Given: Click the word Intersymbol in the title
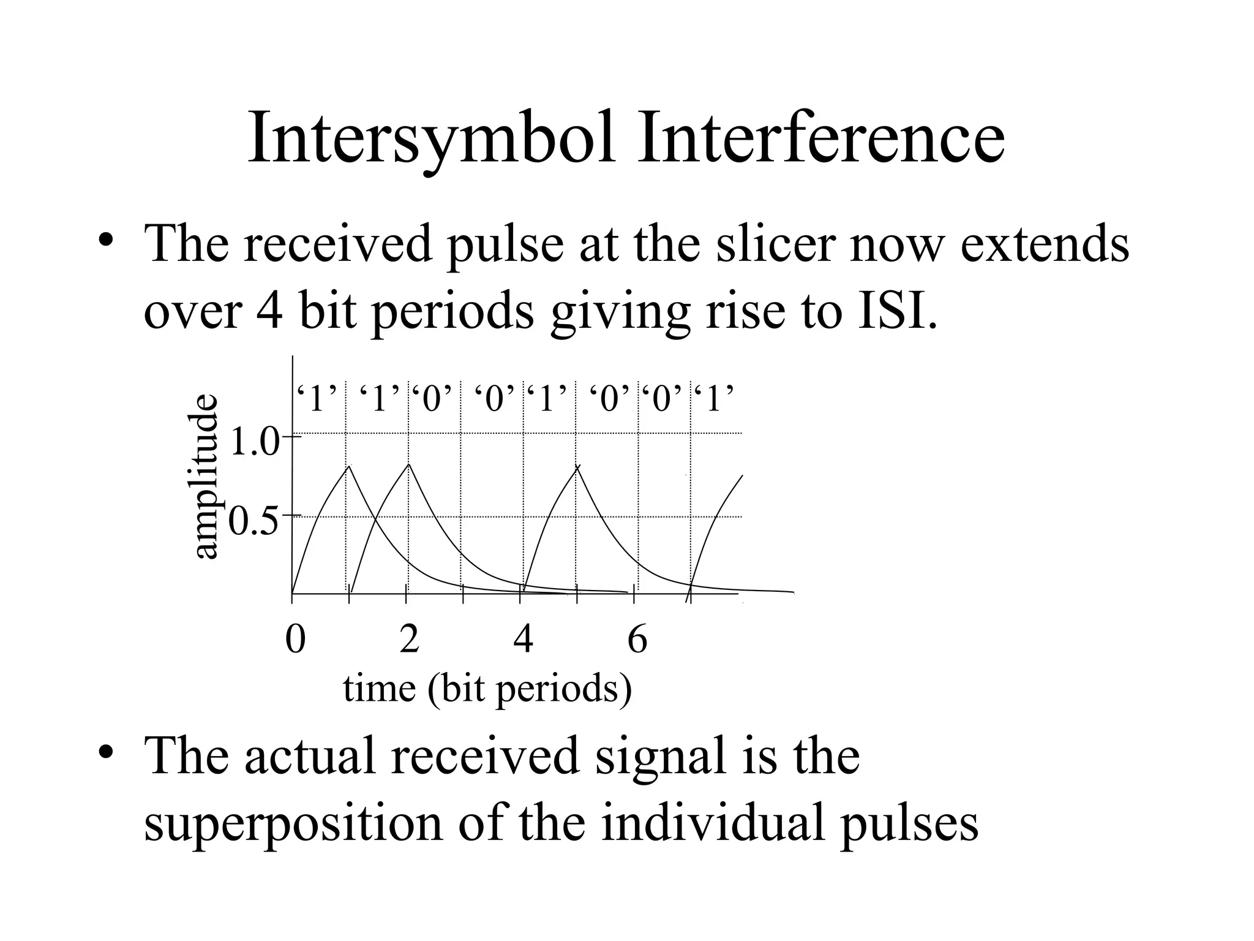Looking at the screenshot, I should tap(432, 140).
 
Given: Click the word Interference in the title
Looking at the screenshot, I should tap(820, 138).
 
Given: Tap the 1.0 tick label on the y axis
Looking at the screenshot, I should tap(253, 442).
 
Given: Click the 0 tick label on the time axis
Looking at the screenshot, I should tap(295, 640).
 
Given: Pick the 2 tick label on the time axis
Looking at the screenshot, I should tap(409, 640).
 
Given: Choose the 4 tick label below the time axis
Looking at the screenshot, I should tap(523, 640).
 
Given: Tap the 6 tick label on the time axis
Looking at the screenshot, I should tap(637, 640).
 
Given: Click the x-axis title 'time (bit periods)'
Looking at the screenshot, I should tap(487, 689).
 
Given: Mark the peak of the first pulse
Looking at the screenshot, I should tap(349, 467).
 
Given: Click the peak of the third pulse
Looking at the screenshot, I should tap(577, 467).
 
